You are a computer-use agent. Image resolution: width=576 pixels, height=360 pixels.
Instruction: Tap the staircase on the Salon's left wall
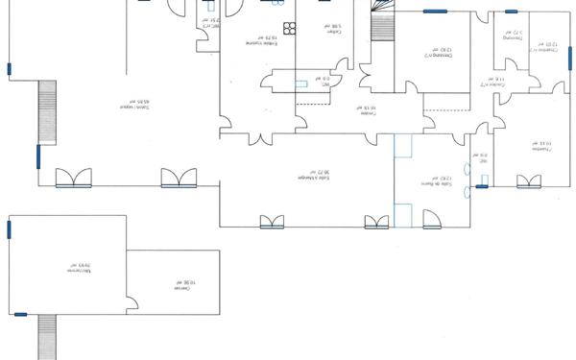[x=44, y=112]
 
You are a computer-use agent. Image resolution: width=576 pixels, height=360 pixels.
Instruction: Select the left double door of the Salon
[x=74, y=178]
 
